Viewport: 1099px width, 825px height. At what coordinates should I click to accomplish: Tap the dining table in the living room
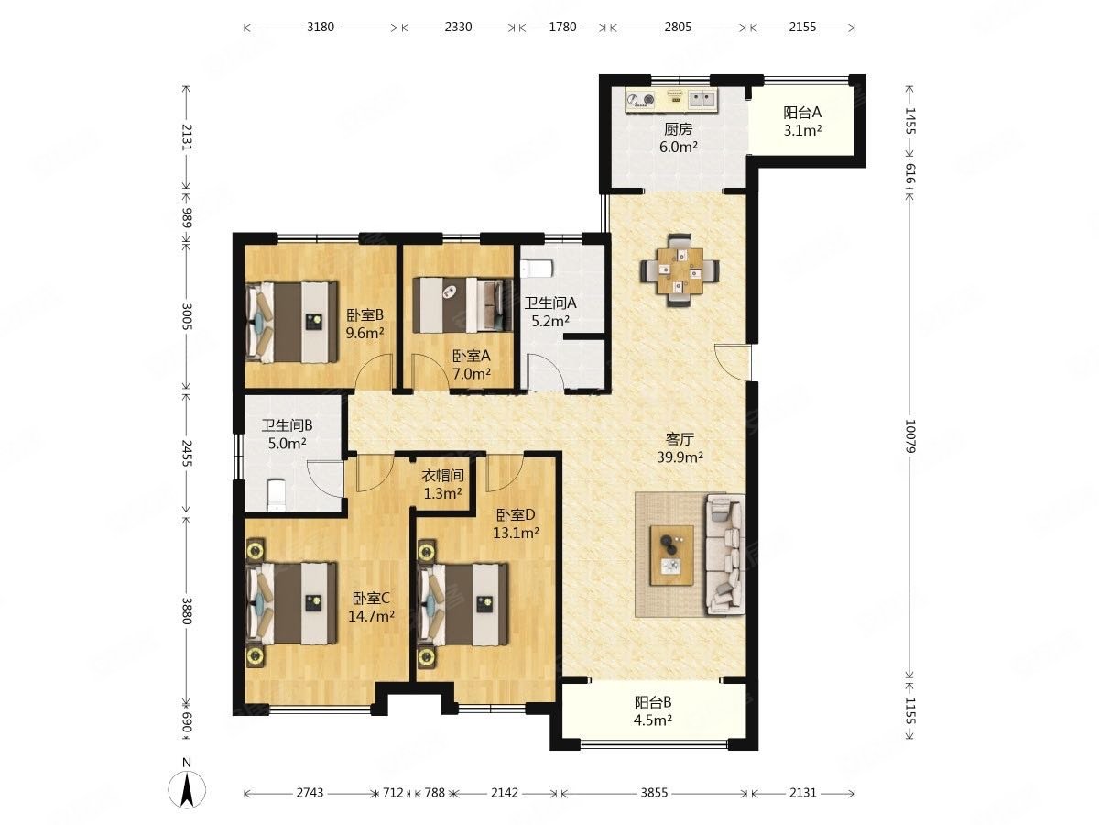point(680,270)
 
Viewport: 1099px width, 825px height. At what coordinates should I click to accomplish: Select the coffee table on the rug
point(671,555)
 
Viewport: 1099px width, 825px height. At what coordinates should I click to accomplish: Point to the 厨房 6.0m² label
point(679,137)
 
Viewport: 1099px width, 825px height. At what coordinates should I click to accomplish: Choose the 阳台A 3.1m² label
point(802,121)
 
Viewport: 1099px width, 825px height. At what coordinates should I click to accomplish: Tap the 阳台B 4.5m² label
point(653,710)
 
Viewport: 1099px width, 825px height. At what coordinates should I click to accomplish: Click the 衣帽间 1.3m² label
point(442,484)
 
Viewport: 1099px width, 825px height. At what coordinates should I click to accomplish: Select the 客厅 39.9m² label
point(680,448)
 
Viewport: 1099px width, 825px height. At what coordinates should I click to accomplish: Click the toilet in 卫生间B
point(277,495)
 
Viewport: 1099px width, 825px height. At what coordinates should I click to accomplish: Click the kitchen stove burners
point(641,101)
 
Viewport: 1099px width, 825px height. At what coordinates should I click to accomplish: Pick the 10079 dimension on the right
point(909,435)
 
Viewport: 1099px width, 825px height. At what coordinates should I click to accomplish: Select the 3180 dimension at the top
point(321,27)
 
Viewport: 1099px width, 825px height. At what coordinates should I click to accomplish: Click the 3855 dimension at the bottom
point(655,792)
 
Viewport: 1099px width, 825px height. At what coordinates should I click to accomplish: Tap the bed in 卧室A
point(462,305)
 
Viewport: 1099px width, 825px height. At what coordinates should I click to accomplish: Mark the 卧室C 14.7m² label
point(371,607)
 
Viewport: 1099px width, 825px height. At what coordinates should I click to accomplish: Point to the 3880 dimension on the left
point(186,610)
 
